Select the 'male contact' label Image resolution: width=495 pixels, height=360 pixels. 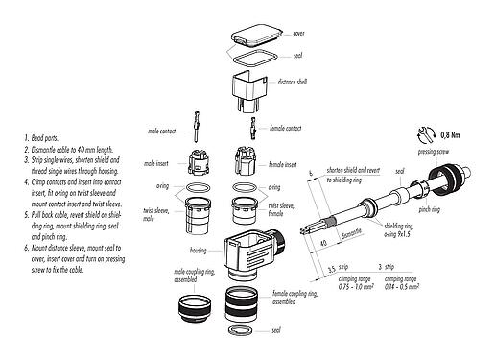point(165,129)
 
